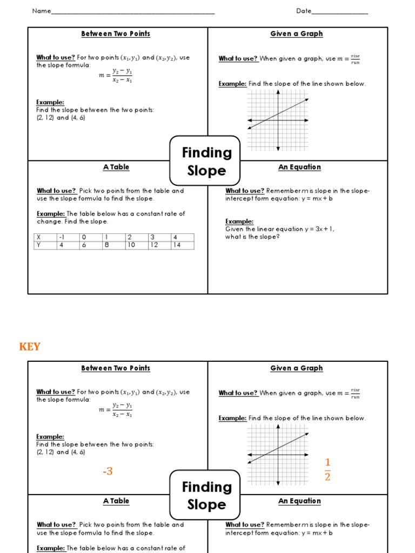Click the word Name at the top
(41, 11)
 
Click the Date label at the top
(303, 11)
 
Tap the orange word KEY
(30, 347)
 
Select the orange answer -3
(108, 471)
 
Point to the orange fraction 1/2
(327, 469)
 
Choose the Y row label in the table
(39, 245)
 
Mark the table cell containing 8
(107, 245)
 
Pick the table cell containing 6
(84, 245)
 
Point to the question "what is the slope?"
(252, 237)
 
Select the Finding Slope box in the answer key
(206, 495)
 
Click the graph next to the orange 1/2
(278, 454)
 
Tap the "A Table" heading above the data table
(116, 167)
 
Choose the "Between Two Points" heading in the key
(116, 368)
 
